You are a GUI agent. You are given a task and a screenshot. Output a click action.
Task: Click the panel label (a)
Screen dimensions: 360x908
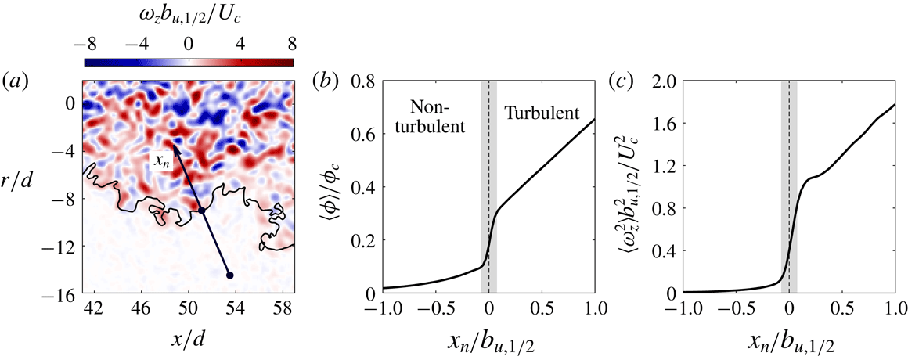16,80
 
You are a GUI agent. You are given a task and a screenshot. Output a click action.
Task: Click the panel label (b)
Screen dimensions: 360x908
323,80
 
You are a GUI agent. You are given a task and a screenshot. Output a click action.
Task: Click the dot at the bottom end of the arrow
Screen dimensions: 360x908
229,275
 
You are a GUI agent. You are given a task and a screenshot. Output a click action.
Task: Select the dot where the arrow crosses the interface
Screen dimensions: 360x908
201,211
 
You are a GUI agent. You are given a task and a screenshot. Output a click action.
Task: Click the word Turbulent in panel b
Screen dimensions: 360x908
540,113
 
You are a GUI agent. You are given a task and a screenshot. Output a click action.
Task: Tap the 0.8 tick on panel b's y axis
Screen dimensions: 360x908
359,80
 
